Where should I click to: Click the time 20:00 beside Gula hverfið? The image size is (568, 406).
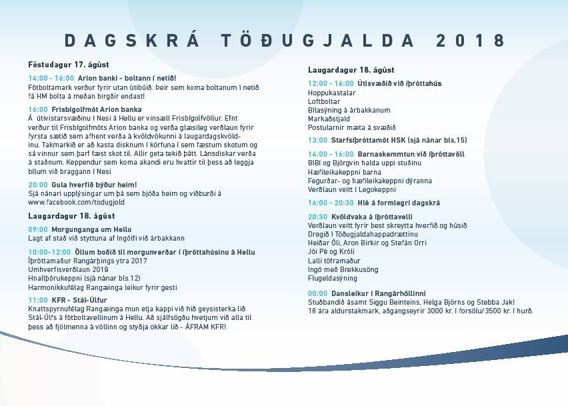[x=38, y=184]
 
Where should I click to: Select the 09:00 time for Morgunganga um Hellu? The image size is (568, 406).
[x=38, y=229]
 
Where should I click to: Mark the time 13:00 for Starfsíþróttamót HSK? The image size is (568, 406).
[x=317, y=141]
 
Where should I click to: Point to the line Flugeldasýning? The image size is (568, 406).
[x=333, y=278]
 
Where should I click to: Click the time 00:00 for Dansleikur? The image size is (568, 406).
[x=317, y=293]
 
